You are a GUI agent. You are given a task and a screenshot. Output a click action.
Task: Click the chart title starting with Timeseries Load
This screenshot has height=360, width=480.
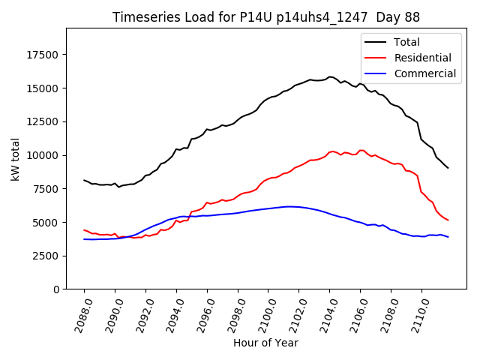[x=266, y=17]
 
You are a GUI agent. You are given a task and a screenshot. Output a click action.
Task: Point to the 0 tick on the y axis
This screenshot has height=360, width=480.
[x=56, y=289]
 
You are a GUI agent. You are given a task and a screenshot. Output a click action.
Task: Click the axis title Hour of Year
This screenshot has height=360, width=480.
[x=265, y=343]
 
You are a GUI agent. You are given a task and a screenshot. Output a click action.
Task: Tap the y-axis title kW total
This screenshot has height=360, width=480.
[x=15, y=159]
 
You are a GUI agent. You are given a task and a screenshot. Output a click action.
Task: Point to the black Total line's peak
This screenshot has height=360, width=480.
[x=330, y=76]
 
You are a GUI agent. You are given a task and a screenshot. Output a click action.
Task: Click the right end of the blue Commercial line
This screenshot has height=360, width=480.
[x=448, y=237]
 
